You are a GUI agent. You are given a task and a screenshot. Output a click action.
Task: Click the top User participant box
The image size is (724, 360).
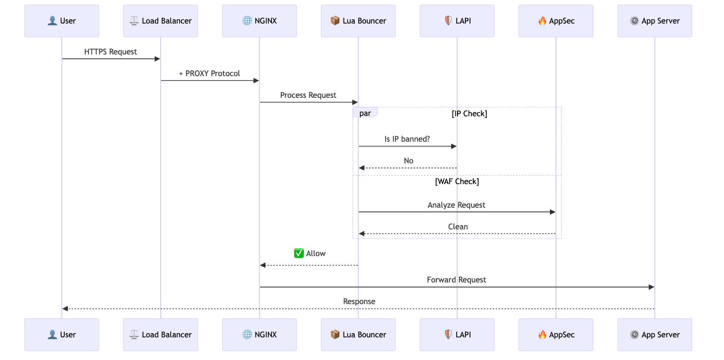point(61,21)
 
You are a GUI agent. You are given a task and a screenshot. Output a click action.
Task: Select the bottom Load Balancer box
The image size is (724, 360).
point(160,335)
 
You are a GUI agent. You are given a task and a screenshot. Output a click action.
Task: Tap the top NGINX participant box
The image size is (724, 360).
point(259,21)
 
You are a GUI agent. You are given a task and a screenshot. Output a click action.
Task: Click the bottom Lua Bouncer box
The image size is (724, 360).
point(358,335)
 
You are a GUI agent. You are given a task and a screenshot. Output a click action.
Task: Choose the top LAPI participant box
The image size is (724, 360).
point(457,21)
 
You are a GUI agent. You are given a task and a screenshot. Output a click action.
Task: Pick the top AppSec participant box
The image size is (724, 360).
point(555,21)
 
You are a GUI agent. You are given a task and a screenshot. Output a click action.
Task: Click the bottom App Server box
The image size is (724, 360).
point(654,335)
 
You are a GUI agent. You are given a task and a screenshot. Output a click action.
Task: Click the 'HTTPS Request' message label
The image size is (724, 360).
point(110,52)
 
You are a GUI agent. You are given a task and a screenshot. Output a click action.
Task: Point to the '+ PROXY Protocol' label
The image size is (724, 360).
point(209,73)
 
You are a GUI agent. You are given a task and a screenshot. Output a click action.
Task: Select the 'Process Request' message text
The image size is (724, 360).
point(308,95)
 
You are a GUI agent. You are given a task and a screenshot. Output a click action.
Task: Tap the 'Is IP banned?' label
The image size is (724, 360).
point(407,139)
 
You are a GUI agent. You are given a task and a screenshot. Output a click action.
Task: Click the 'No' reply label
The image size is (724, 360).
point(408,161)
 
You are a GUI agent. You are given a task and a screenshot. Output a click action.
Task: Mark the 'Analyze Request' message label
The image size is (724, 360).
point(456,205)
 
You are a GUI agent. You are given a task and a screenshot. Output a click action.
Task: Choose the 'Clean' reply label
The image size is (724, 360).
point(458,227)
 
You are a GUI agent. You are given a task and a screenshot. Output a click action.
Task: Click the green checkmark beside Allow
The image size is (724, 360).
point(299,253)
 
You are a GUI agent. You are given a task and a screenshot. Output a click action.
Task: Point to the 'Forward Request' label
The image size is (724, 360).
point(456,280)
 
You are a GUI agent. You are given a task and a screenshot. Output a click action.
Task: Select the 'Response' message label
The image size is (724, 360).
point(359,301)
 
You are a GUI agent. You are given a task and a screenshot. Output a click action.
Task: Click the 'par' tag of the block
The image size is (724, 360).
point(365,114)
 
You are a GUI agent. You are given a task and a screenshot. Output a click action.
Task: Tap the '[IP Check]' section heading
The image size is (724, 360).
point(469,114)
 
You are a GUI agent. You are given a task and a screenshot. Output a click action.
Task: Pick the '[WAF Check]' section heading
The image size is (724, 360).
point(457,181)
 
